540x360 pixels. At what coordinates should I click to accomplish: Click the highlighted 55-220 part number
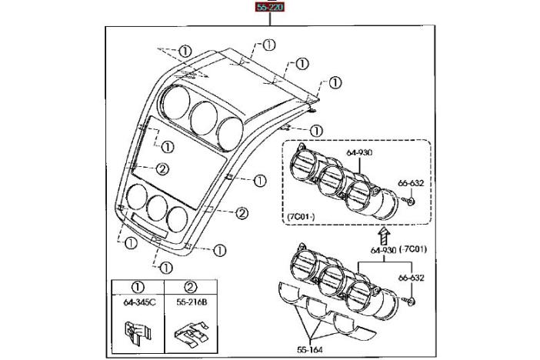click(x=269, y=8)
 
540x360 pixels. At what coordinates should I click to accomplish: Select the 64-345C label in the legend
click(x=139, y=302)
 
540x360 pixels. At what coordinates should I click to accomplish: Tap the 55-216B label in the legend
click(x=191, y=302)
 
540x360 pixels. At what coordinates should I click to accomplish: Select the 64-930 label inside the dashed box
click(x=359, y=152)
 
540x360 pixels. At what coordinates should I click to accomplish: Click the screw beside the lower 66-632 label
click(x=414, y=298)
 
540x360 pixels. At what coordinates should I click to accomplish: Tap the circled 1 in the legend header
click(x=138, y=286)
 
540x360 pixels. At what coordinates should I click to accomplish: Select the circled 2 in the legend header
click(x=191, y=286)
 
